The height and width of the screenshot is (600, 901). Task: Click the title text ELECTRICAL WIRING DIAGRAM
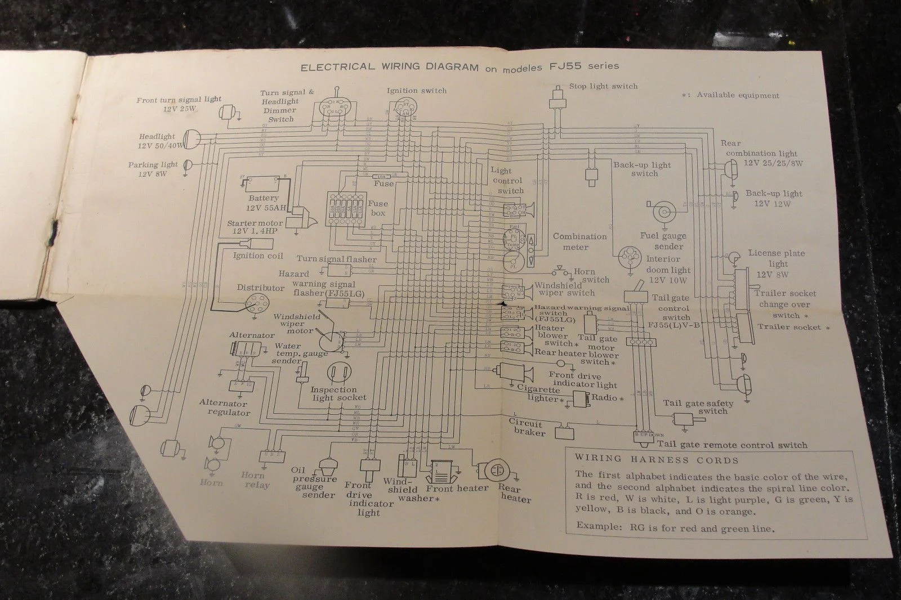[x=389, y=68]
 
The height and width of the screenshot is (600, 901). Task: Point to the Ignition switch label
[x=417, y=90]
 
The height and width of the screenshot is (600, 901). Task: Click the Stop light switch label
[x=603, y=87]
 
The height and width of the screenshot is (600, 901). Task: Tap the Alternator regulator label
[x=223, y=408]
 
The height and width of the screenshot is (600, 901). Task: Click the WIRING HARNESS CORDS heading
[x=657, y=459]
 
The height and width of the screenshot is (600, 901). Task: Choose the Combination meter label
[x=579, y=241]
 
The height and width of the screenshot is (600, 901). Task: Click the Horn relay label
[x=255, y=480]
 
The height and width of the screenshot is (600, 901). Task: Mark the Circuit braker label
[x=527, y=428]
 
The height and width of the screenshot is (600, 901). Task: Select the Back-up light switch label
[x=643, y=169]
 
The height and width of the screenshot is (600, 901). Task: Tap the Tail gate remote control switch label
[x=731, y=445]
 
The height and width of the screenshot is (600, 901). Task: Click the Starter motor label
[x=255, y=227]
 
